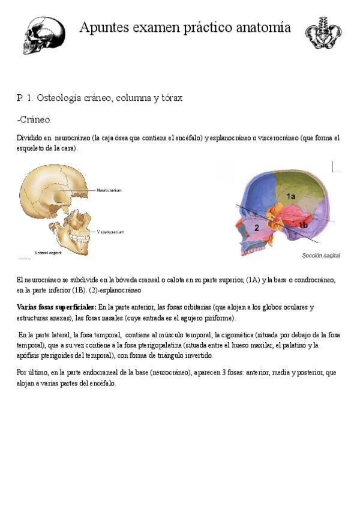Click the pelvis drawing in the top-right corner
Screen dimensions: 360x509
pos(323,33)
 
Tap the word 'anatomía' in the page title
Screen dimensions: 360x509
pos(264,28)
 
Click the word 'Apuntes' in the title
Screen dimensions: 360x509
pos(101,28)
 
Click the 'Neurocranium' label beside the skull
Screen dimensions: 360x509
pos(109,190)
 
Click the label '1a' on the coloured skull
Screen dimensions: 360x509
pos(290,196)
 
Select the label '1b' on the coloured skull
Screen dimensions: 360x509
pos(304,224)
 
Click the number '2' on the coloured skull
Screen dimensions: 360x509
pos(256,227)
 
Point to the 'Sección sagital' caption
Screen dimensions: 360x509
pos(320,256)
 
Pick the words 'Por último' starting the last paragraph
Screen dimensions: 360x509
pos(32,373)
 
